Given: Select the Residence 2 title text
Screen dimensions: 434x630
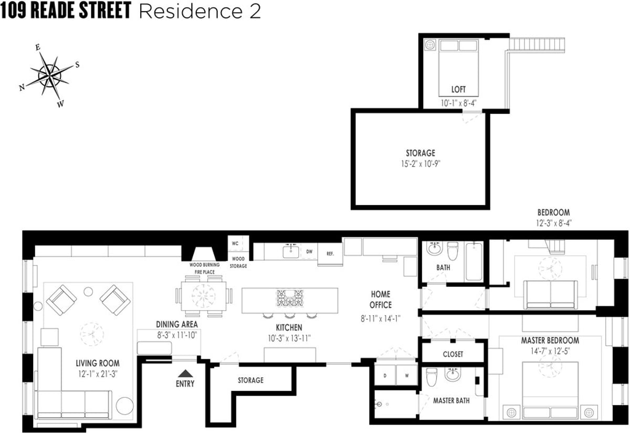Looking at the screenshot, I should pos(199,12).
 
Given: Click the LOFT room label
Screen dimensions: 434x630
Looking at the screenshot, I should pos(458,89).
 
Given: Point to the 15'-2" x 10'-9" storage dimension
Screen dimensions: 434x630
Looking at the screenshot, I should pos(420,163).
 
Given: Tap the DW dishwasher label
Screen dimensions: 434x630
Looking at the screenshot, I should pos(309,252).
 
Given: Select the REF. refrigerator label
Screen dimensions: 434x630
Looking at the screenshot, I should pos(330,253).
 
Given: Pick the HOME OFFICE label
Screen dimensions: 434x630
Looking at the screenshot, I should pos(381,299).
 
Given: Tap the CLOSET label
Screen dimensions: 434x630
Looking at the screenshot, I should pos(453,354).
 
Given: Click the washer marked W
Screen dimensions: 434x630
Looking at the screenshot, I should pos(406,376).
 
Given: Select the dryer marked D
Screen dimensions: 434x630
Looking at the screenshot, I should pos(386,376).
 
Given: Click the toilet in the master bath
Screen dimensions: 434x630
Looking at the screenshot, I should pos(432,377).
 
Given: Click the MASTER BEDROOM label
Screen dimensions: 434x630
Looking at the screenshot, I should pos(550,340).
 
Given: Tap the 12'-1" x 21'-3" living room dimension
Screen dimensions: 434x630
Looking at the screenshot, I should pos(97,374).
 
